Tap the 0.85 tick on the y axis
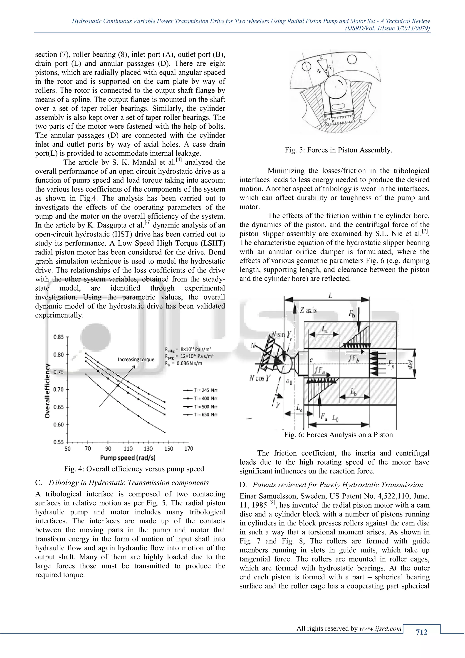point(59,337)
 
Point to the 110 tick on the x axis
point(128,449)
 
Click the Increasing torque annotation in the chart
point(136,359)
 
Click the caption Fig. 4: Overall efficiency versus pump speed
point(134,469)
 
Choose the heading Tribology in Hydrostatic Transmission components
point(128,483)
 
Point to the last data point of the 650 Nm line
point(165,432)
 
